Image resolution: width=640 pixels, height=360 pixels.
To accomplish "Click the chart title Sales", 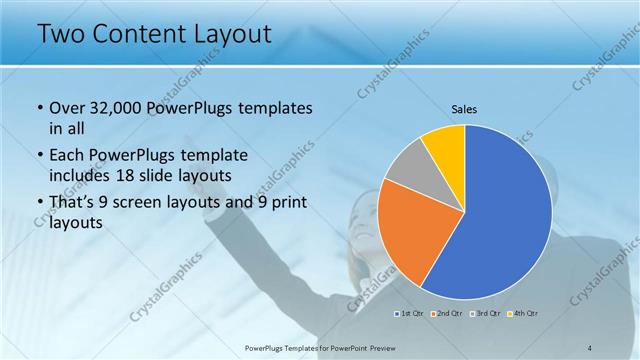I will point(465,109).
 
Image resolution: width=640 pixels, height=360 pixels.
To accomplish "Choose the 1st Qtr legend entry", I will point(409,315).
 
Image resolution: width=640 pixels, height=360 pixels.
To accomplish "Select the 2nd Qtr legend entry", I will point(446,315).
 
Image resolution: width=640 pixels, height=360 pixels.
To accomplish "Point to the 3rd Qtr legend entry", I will point(485,315).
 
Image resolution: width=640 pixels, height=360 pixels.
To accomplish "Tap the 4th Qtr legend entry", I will point(523,315).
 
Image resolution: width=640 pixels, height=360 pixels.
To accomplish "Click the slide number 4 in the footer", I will point(590,347).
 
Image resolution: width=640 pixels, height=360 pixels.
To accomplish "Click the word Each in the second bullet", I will point(69,155).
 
